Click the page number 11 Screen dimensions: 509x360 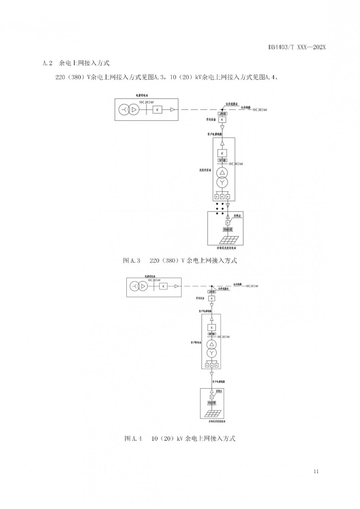[316, 472]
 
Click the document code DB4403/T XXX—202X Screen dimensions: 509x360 [297, 48]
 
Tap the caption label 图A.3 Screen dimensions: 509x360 [131, 260]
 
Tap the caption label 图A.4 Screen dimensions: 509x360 [133, 438]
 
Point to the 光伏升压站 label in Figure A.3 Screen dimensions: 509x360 [205, 170]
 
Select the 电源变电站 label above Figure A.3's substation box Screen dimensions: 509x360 [142, 96]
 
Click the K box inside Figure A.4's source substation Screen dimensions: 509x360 [163, 286]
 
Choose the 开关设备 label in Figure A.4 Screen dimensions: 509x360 [200, 298]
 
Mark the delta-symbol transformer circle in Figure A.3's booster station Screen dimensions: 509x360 [222, 172]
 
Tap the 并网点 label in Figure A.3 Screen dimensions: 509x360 [237, 216]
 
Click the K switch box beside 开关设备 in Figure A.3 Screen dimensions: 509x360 [222, 120]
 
